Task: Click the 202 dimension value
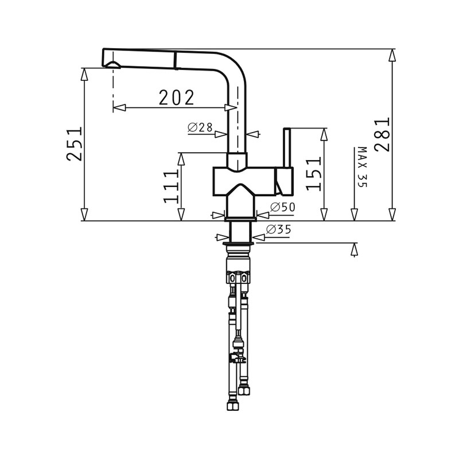(177, 98)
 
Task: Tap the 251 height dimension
(74, 144)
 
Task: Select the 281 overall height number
(382, 134)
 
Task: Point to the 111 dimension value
(171, 186)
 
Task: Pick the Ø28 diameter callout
(200, 127)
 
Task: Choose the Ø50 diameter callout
(283, 207)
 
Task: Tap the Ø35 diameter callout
(279, 230)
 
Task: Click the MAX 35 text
(363, 167)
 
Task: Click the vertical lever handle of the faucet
(287, 148)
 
